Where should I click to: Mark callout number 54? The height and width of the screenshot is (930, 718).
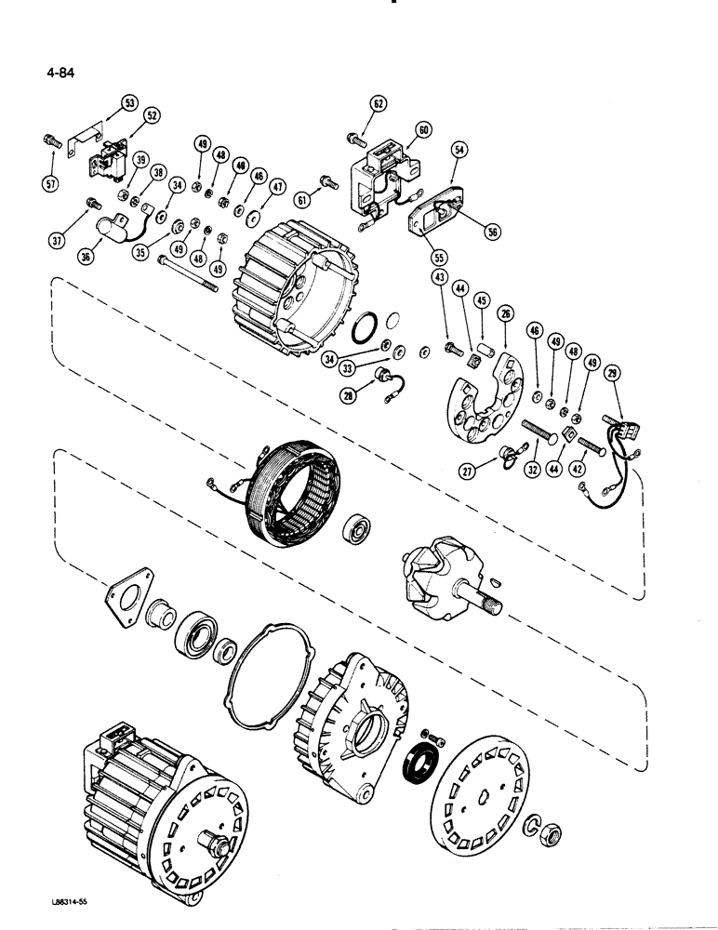pos(459,149)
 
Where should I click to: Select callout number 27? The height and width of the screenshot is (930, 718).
pos(467,472)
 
